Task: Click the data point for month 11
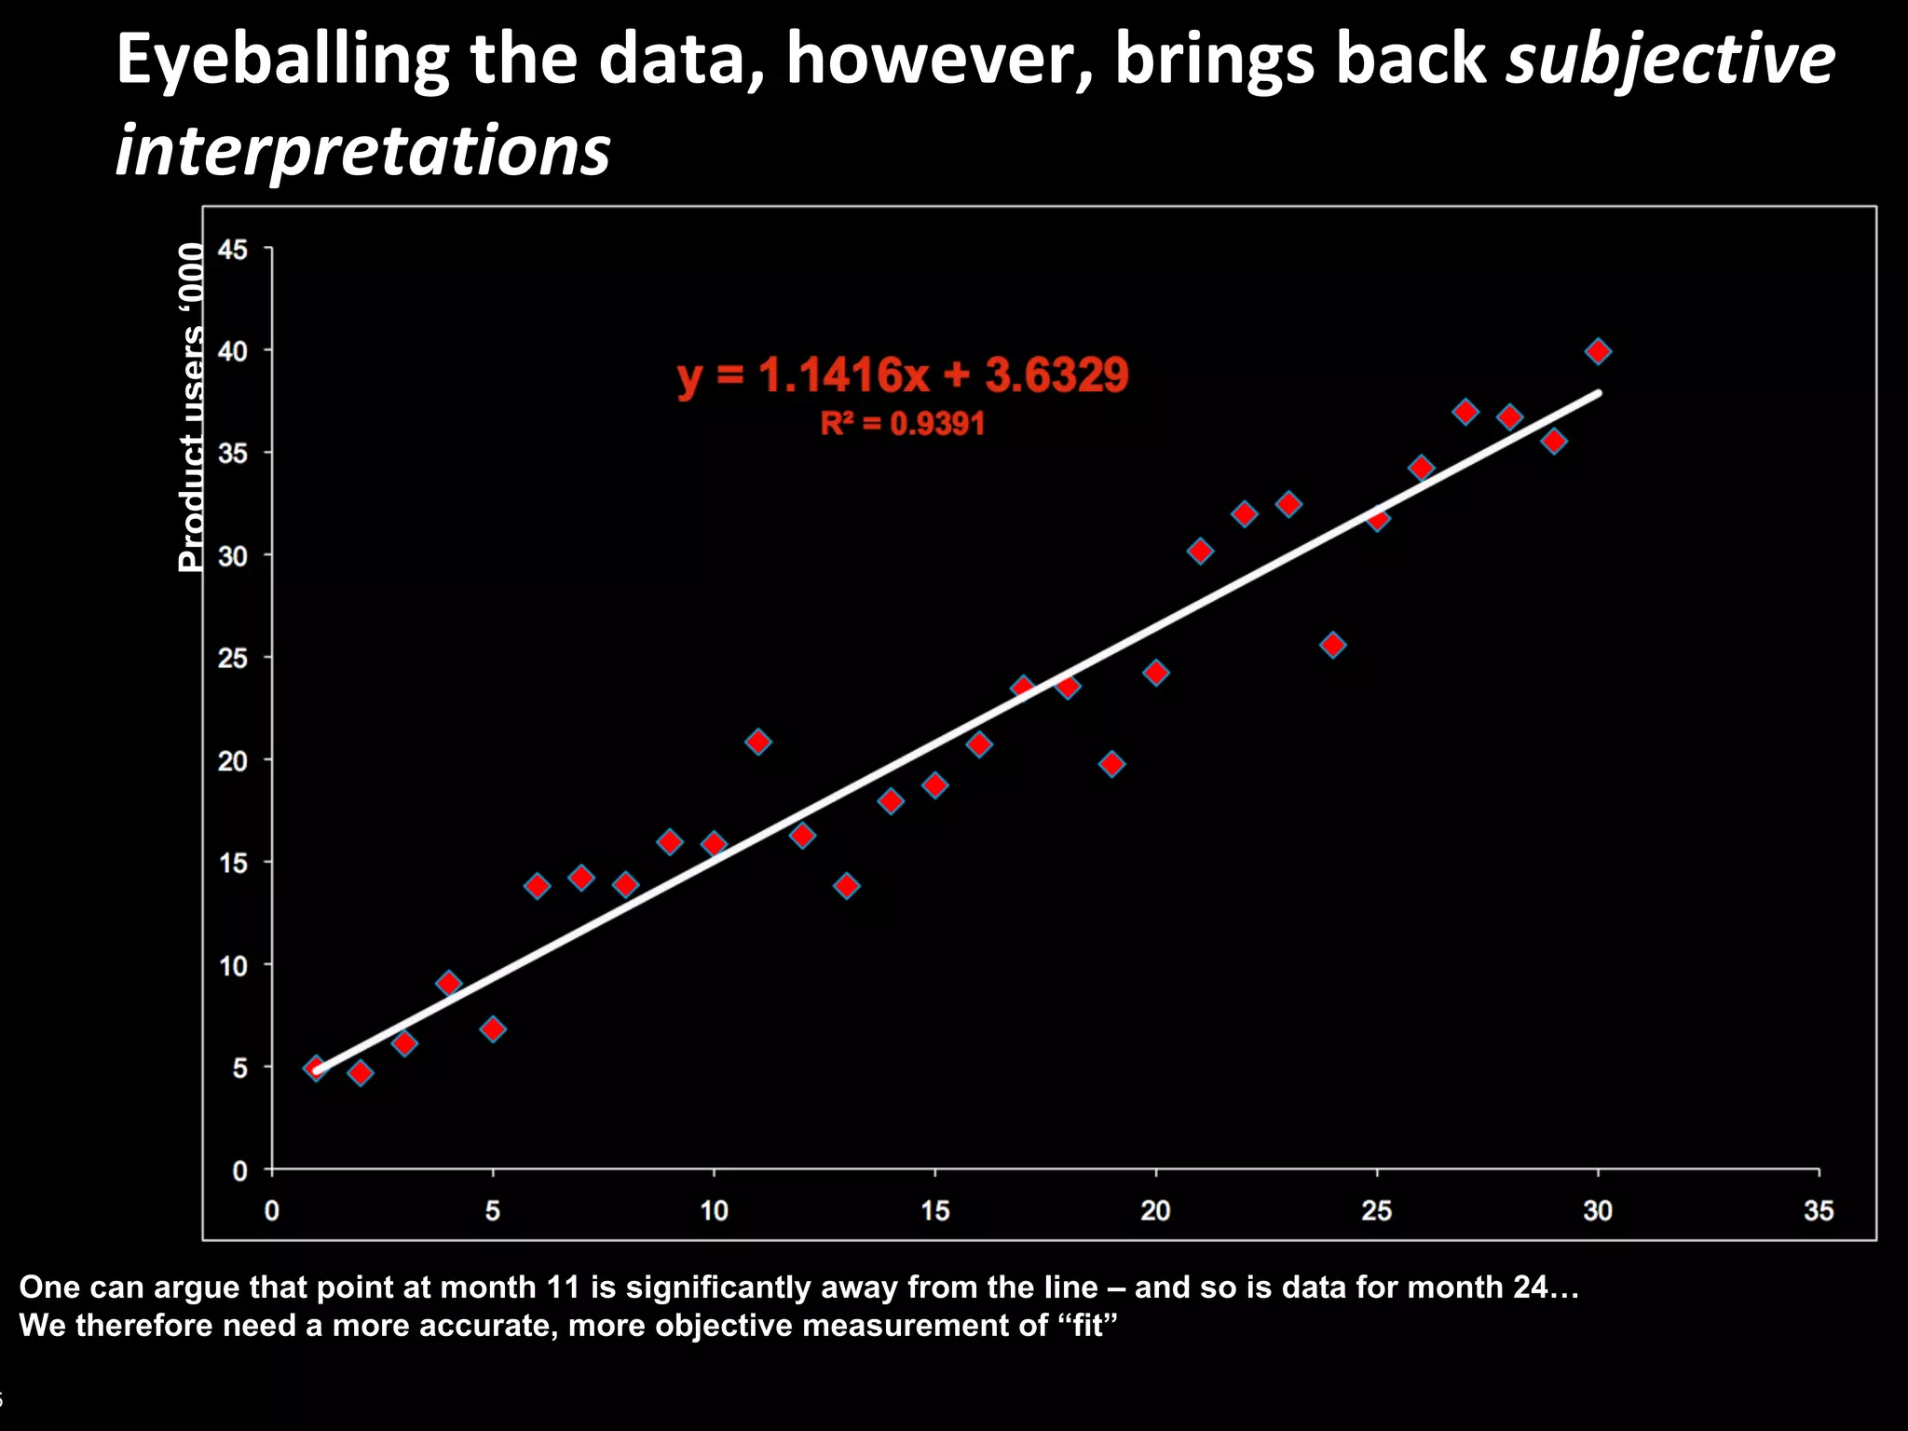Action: [757, 742]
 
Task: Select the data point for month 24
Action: [1332, 645]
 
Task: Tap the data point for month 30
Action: [1598, 351]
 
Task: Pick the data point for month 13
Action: [846, 885]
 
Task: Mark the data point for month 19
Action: [1111, 764]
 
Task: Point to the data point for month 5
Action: [493, 1029]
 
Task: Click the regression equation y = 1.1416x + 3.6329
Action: [903, 375]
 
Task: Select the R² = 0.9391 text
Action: [902, 424]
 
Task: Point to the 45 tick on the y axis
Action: [233, 250]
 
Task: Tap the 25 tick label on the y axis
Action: [233, 659]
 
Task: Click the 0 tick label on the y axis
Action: [240, 1171]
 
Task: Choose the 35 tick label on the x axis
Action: [1818, 1210]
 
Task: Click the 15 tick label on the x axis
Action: [934, 1210]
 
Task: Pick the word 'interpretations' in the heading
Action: [362, 151]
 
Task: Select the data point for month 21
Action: [1200, 552]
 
